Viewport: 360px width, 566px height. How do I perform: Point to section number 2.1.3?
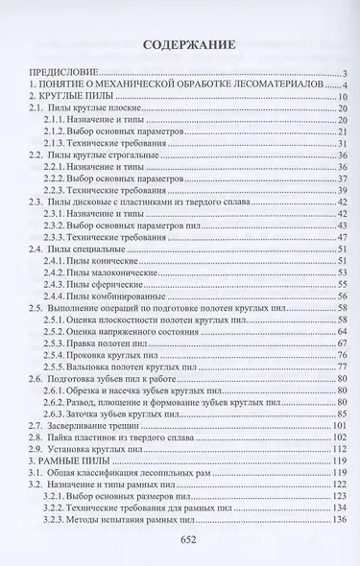[60, 142]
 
